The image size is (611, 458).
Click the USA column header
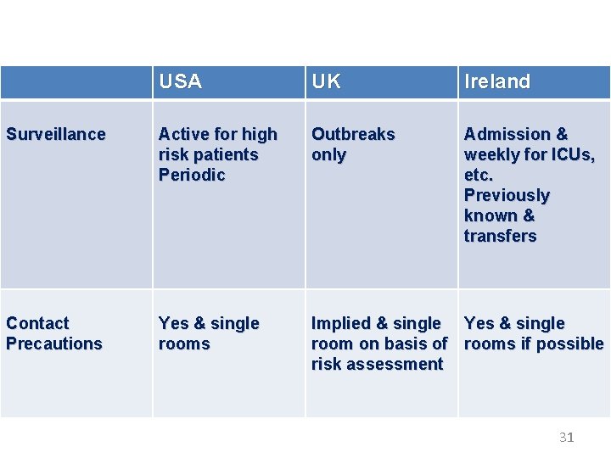180,82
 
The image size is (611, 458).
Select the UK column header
326,82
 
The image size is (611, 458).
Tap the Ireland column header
496,82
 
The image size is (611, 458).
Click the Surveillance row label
56,134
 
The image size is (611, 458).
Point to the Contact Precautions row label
53,333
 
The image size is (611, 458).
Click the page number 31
567,438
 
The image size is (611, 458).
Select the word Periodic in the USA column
192,175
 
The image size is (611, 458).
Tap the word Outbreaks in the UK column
353,134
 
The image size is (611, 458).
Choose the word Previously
507,195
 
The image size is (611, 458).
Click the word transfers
500,236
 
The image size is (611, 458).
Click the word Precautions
53,343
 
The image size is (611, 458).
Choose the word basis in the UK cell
403,343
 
